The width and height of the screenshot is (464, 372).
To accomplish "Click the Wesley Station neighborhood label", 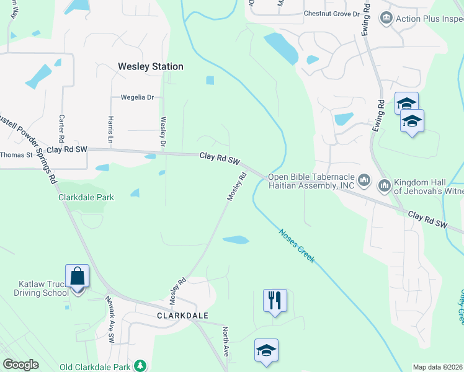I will [151, 66].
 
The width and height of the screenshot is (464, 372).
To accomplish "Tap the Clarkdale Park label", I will [86, 198].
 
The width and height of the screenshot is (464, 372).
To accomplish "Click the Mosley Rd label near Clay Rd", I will [237, 185].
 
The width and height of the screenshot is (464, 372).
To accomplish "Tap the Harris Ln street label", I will [110, 126].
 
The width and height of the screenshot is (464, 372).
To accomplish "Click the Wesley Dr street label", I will [164, 132].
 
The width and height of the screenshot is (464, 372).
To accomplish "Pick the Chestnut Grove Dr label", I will [331, 14].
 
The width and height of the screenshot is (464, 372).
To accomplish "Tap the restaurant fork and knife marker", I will [275, 301].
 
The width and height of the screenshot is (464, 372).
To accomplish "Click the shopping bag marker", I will [78, 276].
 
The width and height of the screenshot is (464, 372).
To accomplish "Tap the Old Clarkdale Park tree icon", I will [141, 366].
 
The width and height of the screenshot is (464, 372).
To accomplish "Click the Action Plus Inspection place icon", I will [387, 18].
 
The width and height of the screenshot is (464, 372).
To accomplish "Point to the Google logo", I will [20, 365].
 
